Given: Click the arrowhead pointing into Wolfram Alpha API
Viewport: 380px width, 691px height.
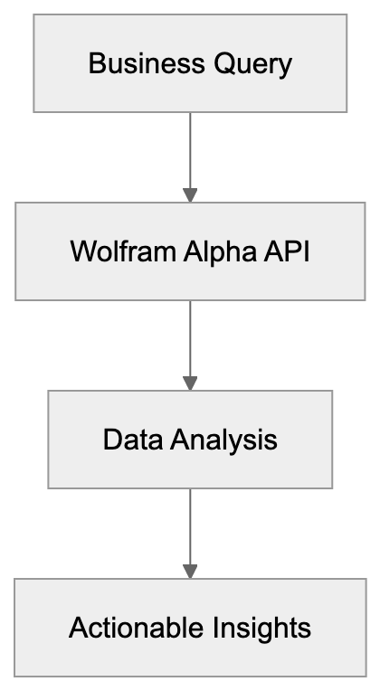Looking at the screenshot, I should pyautogui.click(x=190, y=194).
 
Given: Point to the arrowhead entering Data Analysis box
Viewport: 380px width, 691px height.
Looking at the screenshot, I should pyautogui.click(x=190, y=383).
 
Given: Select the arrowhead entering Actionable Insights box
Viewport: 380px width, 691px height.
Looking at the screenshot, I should pyautogui.click(x=190, y=571).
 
